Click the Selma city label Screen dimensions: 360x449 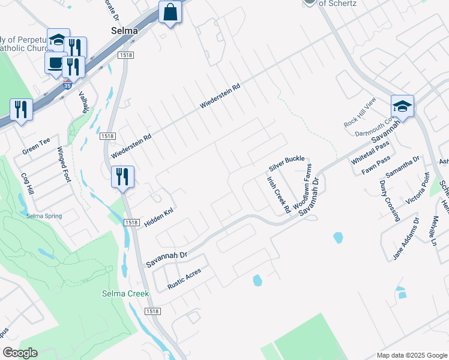coord(124,31)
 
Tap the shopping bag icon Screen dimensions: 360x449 coord(170,13)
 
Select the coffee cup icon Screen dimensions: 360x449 coord(55,62)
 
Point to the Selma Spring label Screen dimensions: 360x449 coord(44,215)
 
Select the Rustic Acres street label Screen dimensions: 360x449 coord(184,279)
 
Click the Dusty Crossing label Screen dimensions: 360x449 coord(389,200)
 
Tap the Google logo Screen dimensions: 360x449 coord(20,353)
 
